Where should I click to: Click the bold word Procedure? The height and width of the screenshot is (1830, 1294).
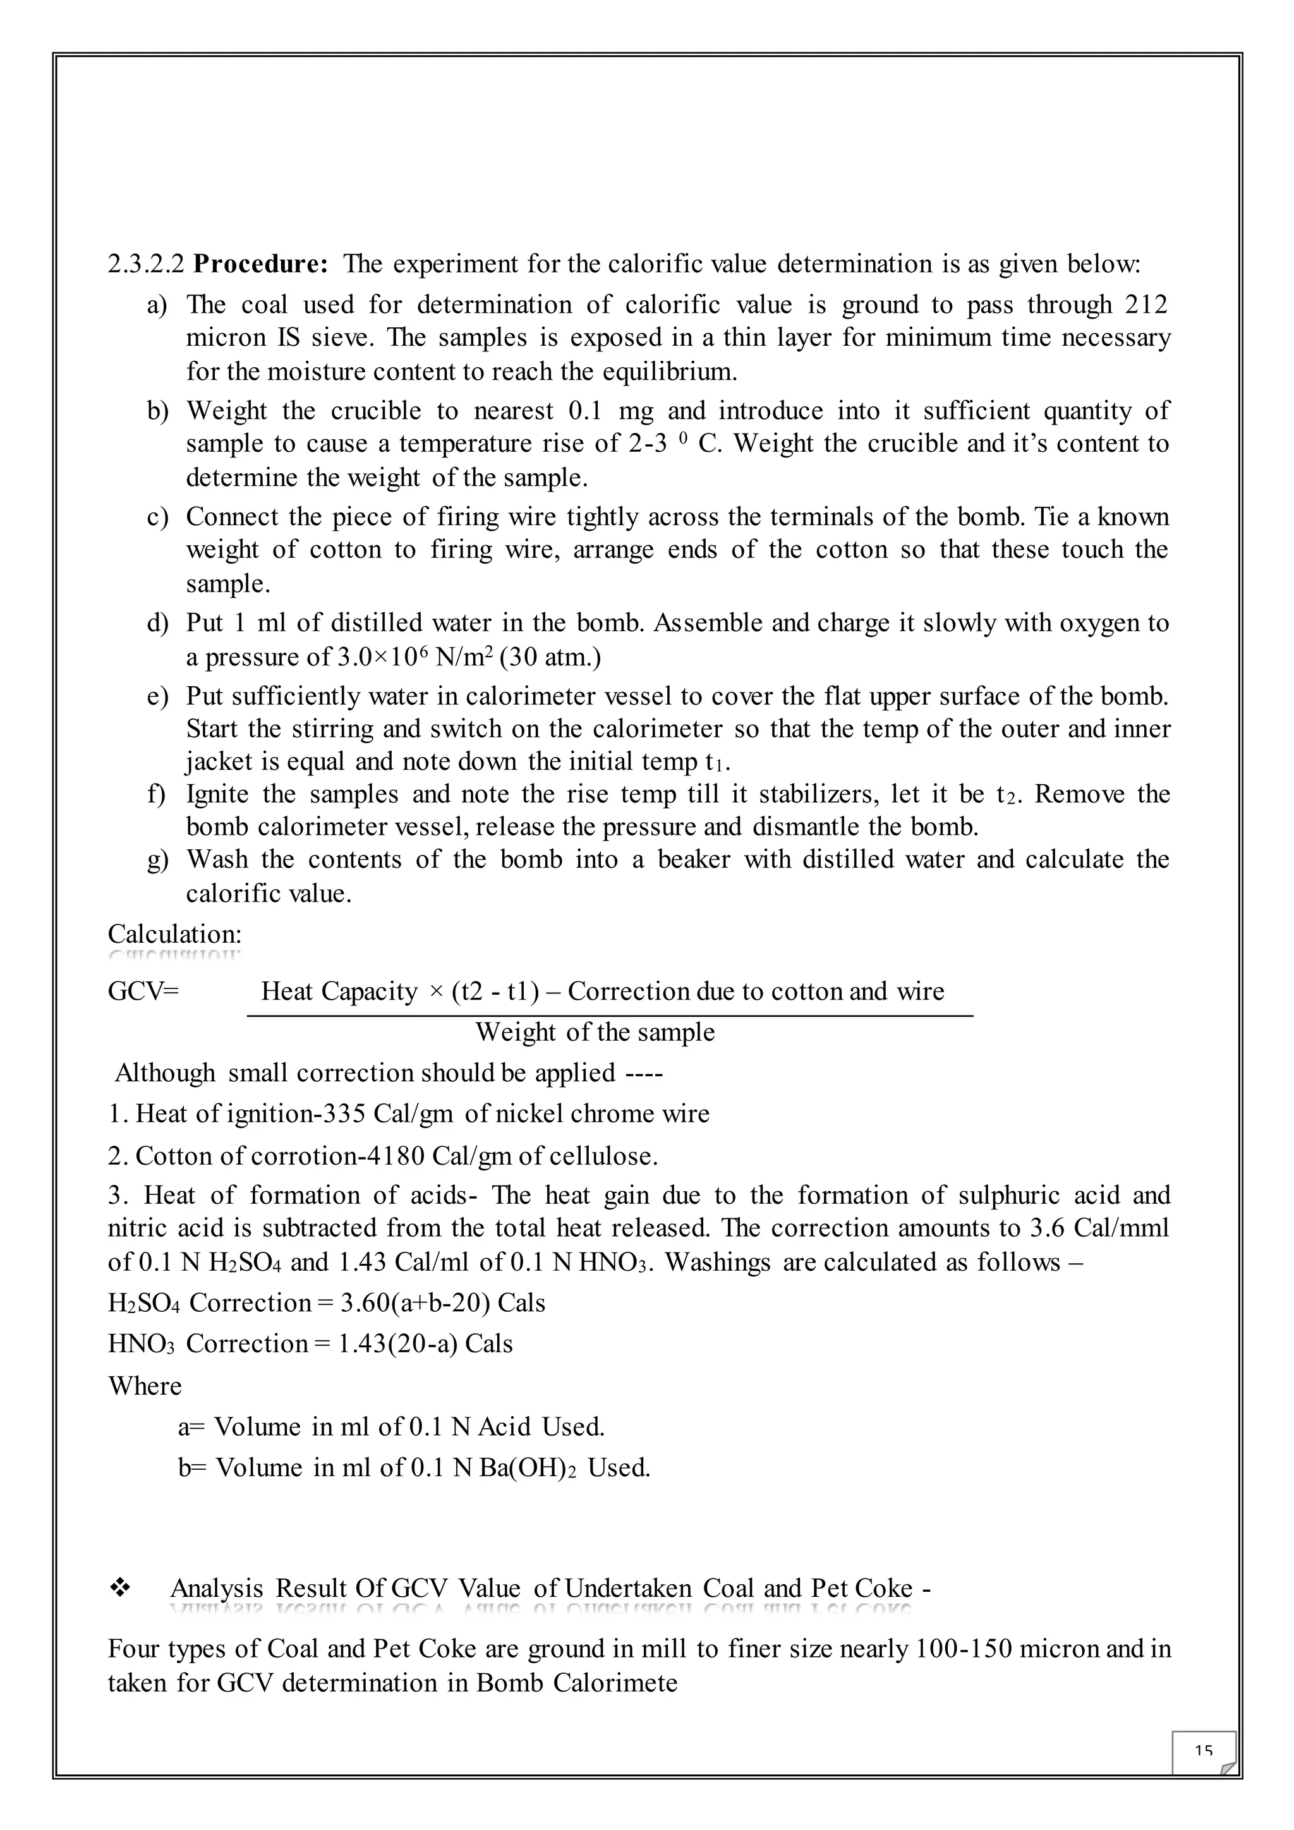coord(260,264)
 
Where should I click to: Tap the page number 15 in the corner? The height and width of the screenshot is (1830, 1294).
coord(1203,1750)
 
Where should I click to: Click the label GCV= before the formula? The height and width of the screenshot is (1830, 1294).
coord(143,991)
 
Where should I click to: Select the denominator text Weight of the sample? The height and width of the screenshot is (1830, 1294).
coord(595,1032)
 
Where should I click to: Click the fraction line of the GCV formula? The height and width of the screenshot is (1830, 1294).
coord(610,1015)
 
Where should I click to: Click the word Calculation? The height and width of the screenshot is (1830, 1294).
coord(174,933)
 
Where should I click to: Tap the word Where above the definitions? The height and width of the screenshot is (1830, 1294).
coord(145,1385)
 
